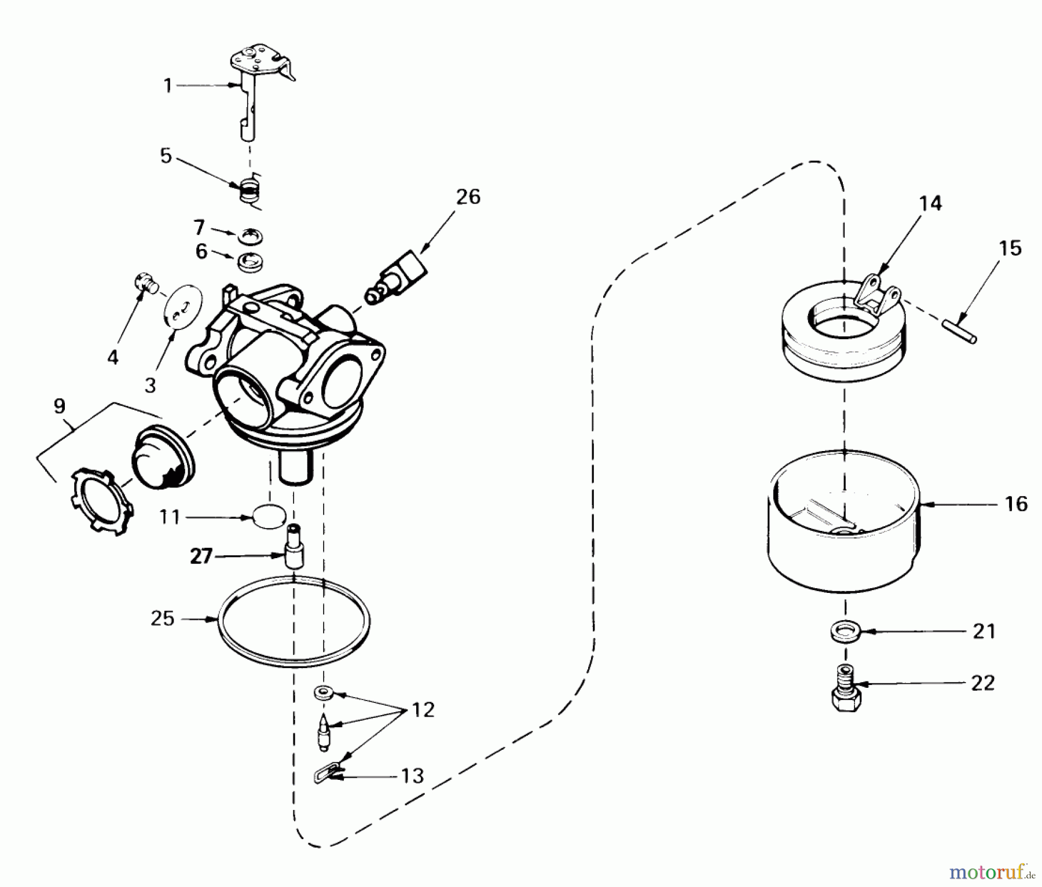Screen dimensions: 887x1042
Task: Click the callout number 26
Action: pyautogui.click(x=468, y=197)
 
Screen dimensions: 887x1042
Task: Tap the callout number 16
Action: pyautogui.click(x=1017, y=504)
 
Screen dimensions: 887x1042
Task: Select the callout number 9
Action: pyautogui.click(x=59, y=406)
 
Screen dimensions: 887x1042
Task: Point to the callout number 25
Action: pyautogui.click(x=162, y=618)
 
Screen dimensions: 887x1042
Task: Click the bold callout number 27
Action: pyautogui.click(x=201, y=556)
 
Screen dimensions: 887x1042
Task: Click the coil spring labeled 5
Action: pyautogui.click(x=250, y=189)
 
